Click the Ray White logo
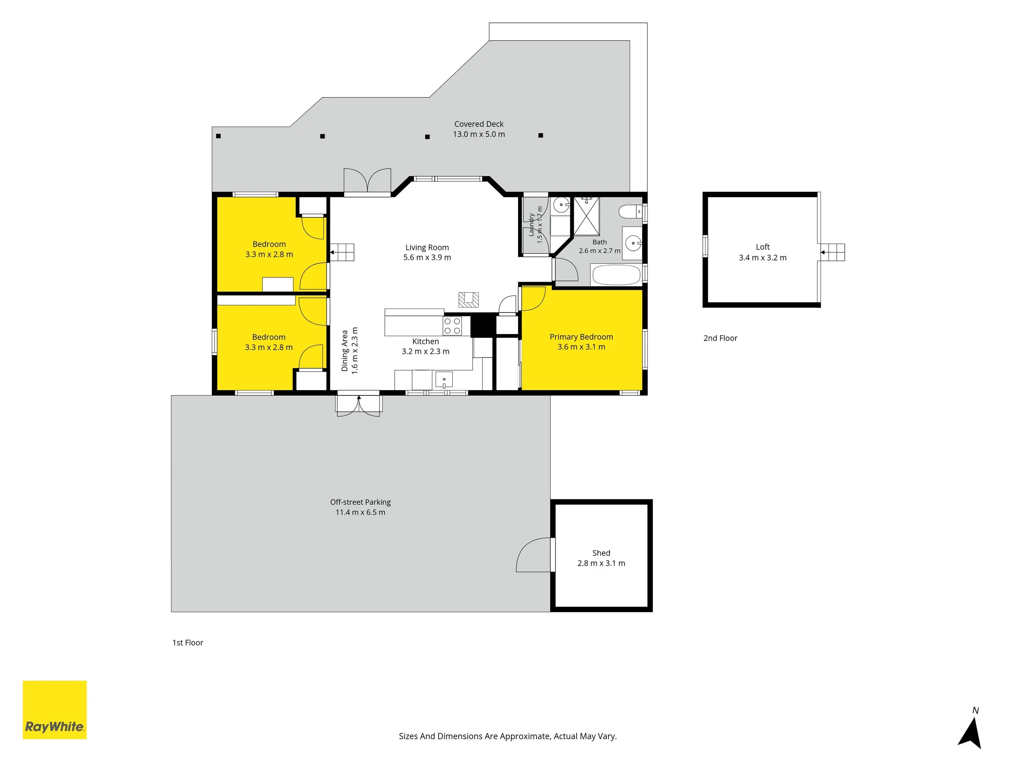coord(54,710)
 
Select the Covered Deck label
coord(479,124)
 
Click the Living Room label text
coord(427,247)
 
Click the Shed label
coord(601,553)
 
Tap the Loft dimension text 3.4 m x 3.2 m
coord(762,258)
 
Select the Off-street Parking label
coord(360,502)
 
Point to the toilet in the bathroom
coord(630,212)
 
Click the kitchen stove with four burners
coord(452,326)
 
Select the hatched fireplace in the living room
coord(469,300)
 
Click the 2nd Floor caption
coord(720,338)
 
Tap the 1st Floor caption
coord(187,643)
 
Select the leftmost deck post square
coord(218,136)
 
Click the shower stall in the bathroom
coord(586,215)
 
